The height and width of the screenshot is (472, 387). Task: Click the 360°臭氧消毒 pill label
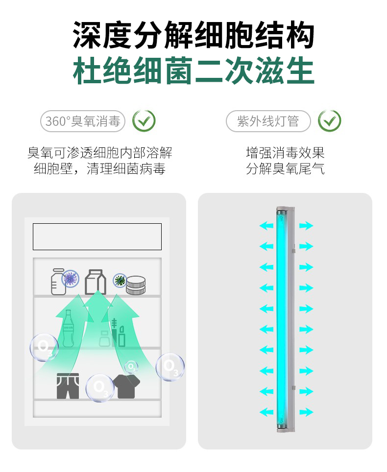tap(82, 121)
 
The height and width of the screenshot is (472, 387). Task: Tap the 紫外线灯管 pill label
tap(268, 121)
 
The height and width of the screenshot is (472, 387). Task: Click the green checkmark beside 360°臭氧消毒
tap(144, 121)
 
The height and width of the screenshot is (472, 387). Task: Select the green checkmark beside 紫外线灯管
tap(330, 121)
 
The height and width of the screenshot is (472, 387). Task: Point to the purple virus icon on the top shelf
tap(71, 278)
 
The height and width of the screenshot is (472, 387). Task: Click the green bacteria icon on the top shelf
tap(120, 280)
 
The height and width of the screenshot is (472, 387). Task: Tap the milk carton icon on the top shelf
tap(96, 282)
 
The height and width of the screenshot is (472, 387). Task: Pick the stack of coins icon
tap(136, 285)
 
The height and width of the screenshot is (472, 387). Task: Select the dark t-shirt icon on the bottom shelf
tap(126, 386)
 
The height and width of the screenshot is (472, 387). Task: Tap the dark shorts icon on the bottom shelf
tap(68, 386)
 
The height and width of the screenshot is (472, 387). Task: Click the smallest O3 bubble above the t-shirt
tap(131, 367)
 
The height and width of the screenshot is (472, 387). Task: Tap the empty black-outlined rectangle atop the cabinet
tap(97, 236)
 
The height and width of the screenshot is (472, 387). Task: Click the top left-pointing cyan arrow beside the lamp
tap(266, 225)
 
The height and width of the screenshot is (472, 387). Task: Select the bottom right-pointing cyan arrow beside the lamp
tap(306, 412)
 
